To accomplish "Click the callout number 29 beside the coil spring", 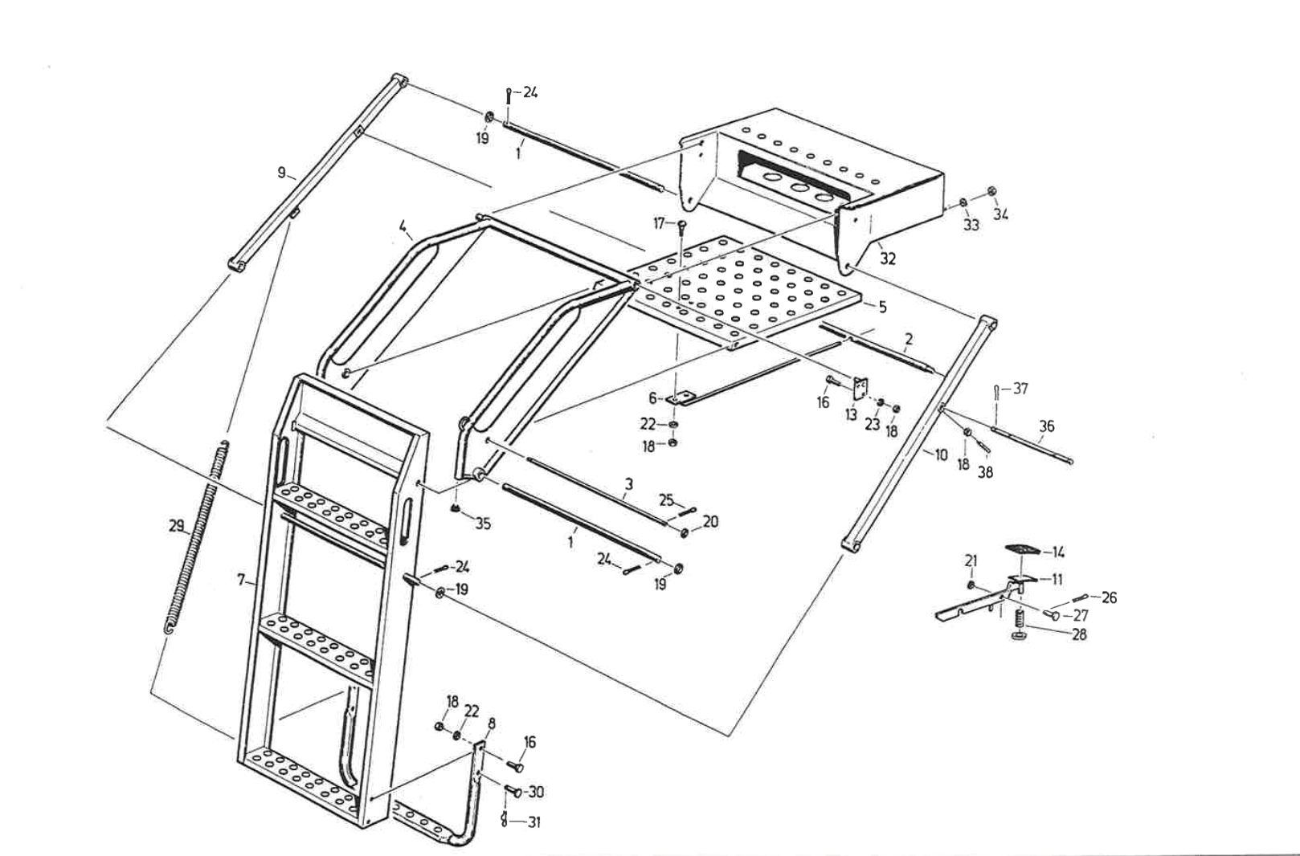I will (x=176, y=525).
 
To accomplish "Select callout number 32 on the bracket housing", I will (x=887, y=259).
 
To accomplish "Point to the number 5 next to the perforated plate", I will (x=882, y=307).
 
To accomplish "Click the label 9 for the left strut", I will (x=281, y=173).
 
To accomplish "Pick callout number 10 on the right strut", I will (x=941, y=455).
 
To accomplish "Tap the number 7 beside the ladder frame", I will (x=242, y=580).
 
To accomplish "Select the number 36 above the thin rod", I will (x=1046, y=426).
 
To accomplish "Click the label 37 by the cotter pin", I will (x=1020, y=389).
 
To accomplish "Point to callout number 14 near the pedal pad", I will (x=1058, y=552).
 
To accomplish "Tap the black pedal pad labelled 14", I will (x=1022, y=548).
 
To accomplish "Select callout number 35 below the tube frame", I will (x=482, y=524).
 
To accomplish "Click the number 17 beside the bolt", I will (x=660, y=223).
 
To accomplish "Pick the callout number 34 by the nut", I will (x=1000, y=214).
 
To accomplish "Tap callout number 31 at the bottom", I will (x=534, y=822).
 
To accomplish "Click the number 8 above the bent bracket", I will (x=491, y=723).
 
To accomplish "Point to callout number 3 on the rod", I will (x=628, y=483).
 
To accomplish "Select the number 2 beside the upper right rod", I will (x=908, y=339).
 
